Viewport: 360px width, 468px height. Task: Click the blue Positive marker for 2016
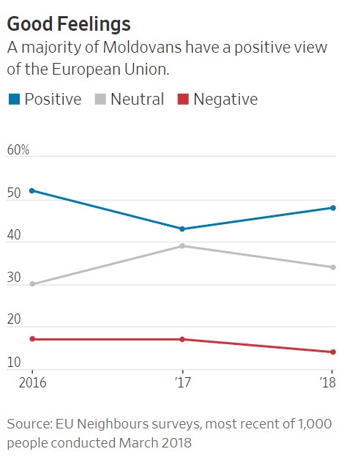click(x=32, y=190)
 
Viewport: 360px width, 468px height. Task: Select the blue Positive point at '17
click(x=182, y=229)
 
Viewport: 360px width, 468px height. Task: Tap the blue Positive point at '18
click(x=333, y=208)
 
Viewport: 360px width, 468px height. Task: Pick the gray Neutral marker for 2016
click(x=32, y=284)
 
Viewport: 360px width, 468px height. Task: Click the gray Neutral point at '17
click(x=182, y=246)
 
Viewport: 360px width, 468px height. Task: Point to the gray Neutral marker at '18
click(x=333, y=267)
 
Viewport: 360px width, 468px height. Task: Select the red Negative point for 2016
click(x=32, y=339)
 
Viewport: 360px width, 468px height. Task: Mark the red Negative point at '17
click(x=182, y=339)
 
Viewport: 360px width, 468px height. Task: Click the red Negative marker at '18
click(x=333, y=352)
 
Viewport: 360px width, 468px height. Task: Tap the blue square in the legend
click(x=15, y=99)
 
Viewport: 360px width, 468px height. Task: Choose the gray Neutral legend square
click(x=100, y=99)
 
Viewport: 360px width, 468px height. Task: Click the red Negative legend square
click(x=183, y=99)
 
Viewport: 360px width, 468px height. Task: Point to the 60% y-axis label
click(x=18, y=150)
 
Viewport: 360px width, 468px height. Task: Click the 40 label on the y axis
click(x=14, y=235)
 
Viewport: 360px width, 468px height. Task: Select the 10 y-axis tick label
click(x=14, y=362)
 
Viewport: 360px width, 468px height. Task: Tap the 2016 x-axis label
click(x=32, y=382)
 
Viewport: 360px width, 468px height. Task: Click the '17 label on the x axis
click(x=182, y=382)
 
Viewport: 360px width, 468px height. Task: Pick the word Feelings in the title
click(x=94, y=24)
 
